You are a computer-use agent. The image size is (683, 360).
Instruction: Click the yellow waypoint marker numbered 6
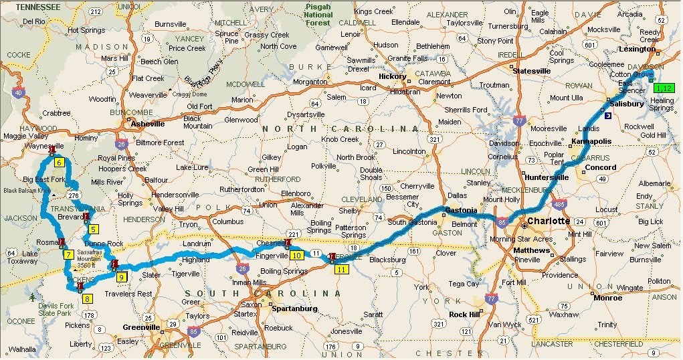(x=59, y=163)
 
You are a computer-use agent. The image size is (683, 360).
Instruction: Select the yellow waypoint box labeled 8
(x=88, y=298)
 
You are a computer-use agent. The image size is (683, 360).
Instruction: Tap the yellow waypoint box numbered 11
(x=341, y=270)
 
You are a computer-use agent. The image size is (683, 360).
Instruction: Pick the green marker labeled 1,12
(x=664, y=88)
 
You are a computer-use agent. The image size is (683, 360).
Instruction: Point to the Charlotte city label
(x=548, y=221)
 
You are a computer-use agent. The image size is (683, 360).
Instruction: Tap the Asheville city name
(x=147, y=124)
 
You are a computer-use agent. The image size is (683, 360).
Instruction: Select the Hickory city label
(x=392, y=76)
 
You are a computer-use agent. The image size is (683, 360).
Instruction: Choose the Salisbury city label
(x=627, y=104)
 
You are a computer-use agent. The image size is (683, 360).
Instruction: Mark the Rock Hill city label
(x=466, y=314)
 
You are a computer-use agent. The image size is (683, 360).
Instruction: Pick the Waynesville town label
(x=44, y=145)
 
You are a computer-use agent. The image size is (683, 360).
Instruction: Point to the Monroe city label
(x=607, y=298)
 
